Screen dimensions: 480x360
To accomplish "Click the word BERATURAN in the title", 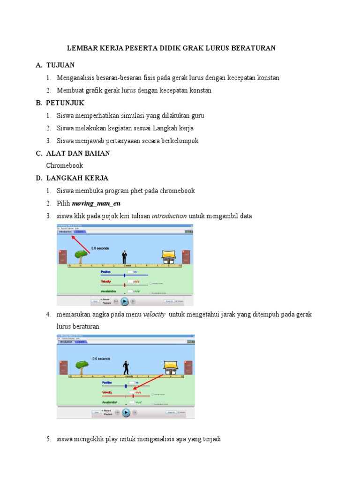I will coord(254,48).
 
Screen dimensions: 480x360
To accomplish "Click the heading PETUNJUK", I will coord(65,103).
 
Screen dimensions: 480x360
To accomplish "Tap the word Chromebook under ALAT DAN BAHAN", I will coord(65,165).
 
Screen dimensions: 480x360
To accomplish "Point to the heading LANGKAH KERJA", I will coord(77,178).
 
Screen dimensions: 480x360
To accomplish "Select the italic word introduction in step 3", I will coord(169,216).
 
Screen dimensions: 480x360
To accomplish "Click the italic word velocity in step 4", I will coord(154,314).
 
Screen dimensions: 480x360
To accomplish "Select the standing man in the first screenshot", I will coord(124,256).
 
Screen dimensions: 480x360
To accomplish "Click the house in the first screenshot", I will coord(168,256).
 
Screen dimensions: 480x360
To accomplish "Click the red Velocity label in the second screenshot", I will coord(108,392).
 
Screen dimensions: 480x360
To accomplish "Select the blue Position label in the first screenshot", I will coord(106,271).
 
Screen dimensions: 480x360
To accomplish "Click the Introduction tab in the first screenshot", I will coord(65,232).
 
